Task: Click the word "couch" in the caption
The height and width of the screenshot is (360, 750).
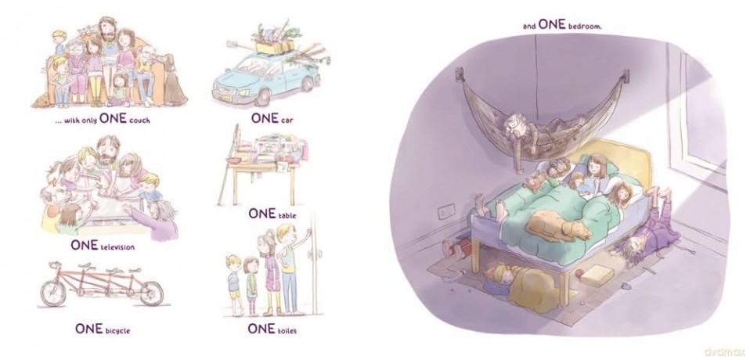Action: (139, 121)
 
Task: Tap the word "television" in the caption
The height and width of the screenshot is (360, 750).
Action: (117, 247)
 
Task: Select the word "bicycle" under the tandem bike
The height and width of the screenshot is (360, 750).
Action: (117, 330)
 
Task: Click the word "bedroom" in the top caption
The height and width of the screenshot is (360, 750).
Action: (585, 27)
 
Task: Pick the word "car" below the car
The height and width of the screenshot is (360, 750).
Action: (287, 120)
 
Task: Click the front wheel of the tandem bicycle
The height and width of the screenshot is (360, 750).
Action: (52, 293)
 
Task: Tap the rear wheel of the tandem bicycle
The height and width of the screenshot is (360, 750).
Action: (152, 293)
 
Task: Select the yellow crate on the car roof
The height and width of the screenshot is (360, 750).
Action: (275, 47)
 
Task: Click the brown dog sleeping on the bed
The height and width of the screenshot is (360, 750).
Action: (558, 226)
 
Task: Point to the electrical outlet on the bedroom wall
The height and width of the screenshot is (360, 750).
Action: (446, 211)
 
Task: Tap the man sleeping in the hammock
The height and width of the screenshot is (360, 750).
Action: (546, 129)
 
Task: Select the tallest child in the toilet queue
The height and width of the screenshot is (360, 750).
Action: (288, 268)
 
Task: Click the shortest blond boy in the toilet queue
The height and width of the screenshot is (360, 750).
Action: (233, 284)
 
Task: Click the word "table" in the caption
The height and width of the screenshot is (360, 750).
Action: (287, 215)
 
